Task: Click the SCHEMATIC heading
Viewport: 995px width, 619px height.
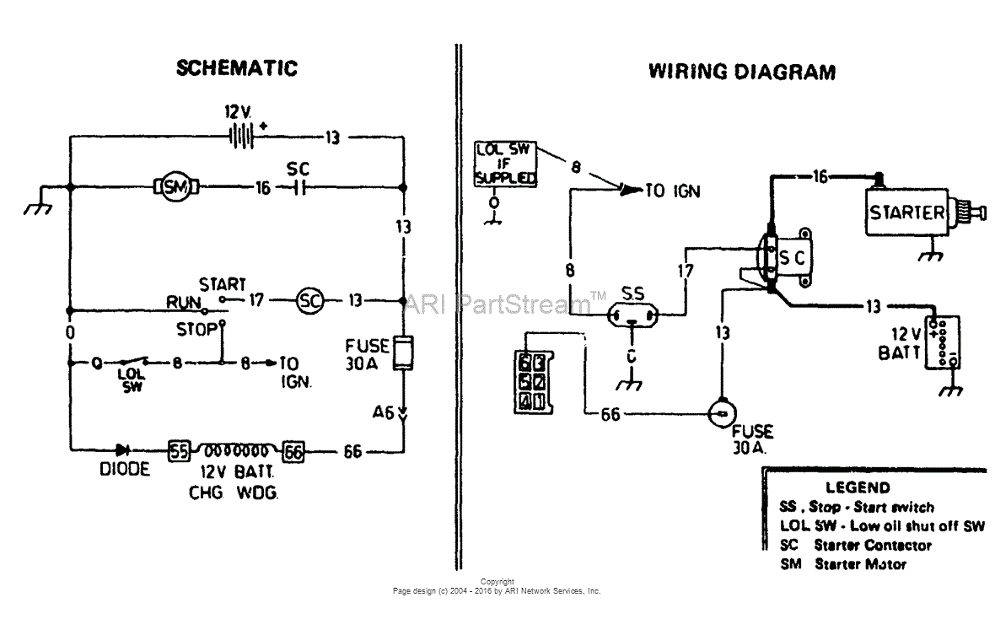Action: click(237, 68)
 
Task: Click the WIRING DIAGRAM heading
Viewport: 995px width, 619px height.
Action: click(741, 72)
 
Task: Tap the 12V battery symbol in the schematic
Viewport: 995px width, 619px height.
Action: click(242, 136)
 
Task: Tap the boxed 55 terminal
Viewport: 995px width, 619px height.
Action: click(179, 451)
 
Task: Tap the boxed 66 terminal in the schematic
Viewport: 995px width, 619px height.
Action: click(293, 451)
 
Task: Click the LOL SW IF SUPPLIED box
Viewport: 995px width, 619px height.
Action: click(505, 164)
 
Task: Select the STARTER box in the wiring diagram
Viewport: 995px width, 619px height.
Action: click(906, 213)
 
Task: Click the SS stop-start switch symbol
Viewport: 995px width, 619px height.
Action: click(632, 317)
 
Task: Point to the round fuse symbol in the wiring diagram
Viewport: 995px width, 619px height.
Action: click(722, 413)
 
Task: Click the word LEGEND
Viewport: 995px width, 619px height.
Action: click(857, 487)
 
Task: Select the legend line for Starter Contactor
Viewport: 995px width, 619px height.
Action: click(856, 546)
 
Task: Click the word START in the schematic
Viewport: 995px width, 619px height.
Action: click(223, 284)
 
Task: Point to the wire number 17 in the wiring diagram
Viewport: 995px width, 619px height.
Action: click(685, 272)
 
